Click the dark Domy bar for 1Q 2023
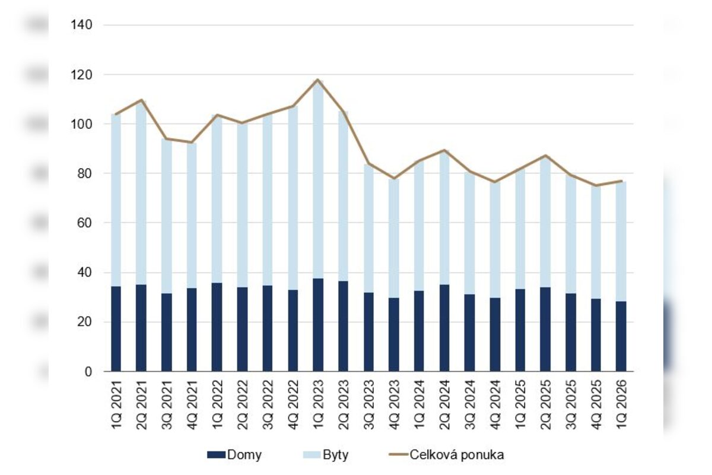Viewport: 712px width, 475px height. point(318,325)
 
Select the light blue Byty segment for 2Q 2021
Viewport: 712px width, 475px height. point(141,193)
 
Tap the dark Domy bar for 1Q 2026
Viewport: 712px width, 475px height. point(621,336)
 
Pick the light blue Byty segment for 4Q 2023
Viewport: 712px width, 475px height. point(394,238)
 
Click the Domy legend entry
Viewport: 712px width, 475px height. point(234,455)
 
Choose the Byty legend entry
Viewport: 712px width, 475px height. point(326,455)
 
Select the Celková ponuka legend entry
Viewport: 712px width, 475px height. point(447,455)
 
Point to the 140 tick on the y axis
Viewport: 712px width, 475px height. point(81,25)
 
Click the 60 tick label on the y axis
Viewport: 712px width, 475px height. point(84,223)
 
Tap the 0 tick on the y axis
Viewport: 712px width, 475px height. point(88,372)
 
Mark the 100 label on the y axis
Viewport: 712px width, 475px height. point(81,123)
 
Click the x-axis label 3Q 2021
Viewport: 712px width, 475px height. point(167,405)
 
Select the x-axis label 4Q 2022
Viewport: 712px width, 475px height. point(293,405)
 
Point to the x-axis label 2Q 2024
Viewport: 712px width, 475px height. point(444,405)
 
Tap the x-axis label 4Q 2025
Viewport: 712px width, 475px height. point(596,405)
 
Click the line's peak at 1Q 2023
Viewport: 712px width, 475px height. point(318,80)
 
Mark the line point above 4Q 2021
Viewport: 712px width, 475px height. point(192,142)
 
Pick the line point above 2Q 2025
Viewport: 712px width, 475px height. point(545,156)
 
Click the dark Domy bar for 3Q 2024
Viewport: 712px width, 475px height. point(469,332)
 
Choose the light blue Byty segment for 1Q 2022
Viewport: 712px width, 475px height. point(217,199)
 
